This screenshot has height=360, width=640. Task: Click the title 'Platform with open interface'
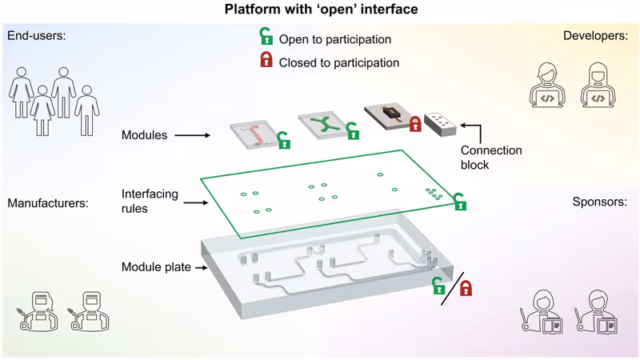coord(320,10)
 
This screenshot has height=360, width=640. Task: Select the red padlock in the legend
coord(265,61)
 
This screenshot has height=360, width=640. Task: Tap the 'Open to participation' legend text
coord(335,39)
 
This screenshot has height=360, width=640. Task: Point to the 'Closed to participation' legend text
coord(339,62)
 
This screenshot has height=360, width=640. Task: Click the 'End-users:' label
coord(38,36)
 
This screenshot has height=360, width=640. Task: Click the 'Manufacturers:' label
coord(48,203)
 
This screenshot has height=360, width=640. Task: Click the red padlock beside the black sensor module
coord(415,124)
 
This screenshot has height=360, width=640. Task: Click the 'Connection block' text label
coord(490,158)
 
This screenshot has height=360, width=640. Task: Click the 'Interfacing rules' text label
coord(149,200)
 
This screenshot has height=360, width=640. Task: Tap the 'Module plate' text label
coord(156,266)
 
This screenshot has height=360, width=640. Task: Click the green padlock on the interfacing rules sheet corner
coord(460,202)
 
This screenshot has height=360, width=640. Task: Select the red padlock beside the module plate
coord(465,286)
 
